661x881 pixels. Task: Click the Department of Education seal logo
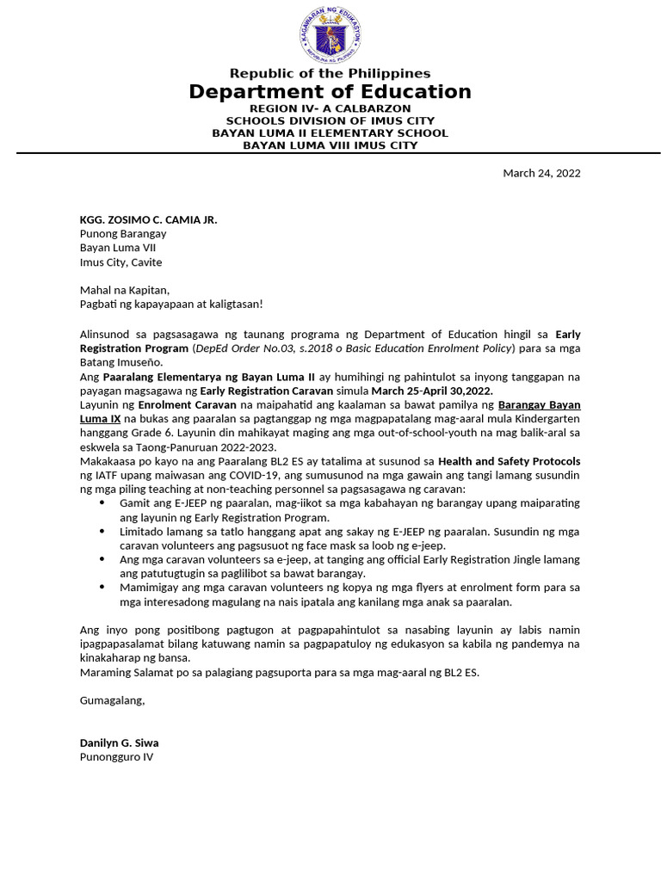click(x=330, y=34)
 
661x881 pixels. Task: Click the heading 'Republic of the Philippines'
click(x=330, y=73)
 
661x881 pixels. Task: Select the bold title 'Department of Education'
click(x=330, y=92)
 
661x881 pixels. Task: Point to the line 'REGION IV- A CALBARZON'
click(x=330, y=109)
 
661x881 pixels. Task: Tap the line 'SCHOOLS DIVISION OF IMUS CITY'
click(x=330, y=121)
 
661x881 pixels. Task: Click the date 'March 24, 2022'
click(x=541, y=173)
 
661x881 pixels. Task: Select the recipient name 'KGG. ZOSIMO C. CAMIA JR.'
click(x=148, y=219)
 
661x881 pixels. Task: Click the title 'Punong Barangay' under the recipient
click(x=123, y=234)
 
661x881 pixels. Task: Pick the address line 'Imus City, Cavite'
click(x=120, y=262)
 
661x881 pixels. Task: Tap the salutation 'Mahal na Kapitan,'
click(x=125, y=290)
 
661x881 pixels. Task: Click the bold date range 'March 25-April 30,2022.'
click(x=432, y=390)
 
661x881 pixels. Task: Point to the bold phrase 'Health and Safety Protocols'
click(x=509, y=461)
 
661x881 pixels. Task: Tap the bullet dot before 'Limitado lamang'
click(x=103, y=532)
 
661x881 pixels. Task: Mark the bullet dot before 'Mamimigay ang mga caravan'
click(x=103, y=588)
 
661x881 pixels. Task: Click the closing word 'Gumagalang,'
click(x=113, y=700)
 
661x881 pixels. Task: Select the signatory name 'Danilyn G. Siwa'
click(x=119, y=742)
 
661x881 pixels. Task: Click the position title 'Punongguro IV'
click(x=116, y=757)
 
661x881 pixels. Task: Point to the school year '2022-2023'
click(x=245, y=447)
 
